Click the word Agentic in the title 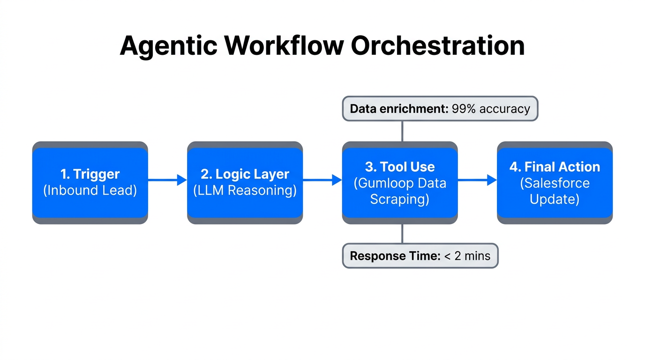[x=168, y=46]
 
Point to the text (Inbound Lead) [x=90, y=191]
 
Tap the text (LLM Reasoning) [x=245, y=191]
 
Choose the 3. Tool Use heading [x=400, y=167]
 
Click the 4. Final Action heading [x=555, y=167]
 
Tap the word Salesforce [x=555, y=183]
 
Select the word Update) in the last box [x=555, y=199]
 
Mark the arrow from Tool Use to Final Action [x=477, y=180]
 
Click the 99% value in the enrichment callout [x=463, y=109]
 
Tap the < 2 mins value [x=467, y=256]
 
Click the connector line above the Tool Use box [x=402, y=131]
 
